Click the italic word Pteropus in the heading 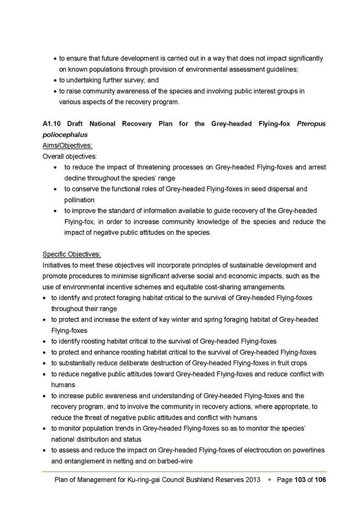pyautogui.click(x=311, y=124)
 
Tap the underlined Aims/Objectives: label pyautogui.click(x=67, y=145)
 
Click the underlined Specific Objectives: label pyautogui.click(x=72, y=254)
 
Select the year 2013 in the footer pyautogui.click(x=250, y=480)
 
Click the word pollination pyautogui.click(x=80, y=200)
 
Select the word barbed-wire pyautogui.click(x=173, y=461)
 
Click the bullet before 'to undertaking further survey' pyautogui.click(x=55, y=80)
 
